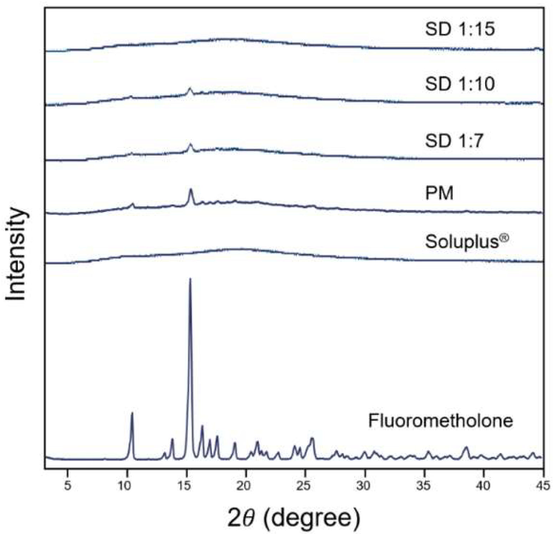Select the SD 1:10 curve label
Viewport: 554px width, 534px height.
[460, 85]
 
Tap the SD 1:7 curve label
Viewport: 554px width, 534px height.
[453, 141]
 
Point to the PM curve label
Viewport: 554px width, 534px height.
[439, 193]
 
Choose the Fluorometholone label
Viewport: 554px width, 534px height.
[440, 421]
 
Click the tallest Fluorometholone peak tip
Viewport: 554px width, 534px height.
[190, 279]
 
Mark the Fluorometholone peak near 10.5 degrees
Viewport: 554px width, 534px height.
[132, 413]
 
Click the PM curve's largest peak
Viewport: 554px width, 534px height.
[191, 190]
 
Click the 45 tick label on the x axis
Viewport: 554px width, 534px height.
[543, 486]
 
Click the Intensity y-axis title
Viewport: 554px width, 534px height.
[16, 254]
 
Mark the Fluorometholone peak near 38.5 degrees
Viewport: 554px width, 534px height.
[466, 447]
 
